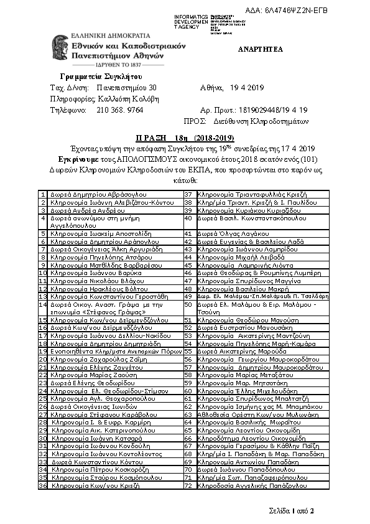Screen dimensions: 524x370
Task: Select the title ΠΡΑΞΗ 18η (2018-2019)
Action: (x=185, y=137)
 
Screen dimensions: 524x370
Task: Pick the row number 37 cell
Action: (x=188, y=195)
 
